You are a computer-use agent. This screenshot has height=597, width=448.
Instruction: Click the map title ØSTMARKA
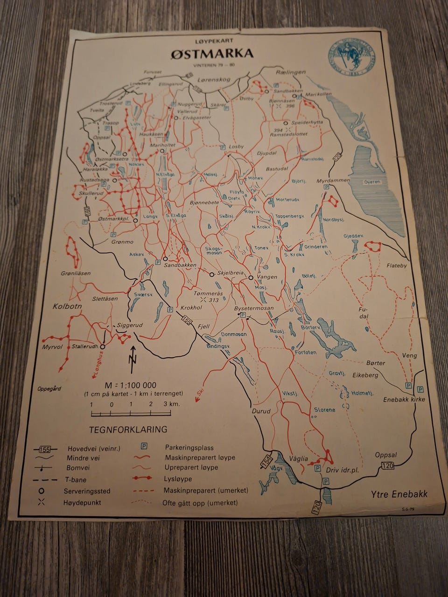212,53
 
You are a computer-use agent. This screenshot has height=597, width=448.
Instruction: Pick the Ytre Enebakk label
399,495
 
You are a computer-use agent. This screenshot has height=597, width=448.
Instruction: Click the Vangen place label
267,277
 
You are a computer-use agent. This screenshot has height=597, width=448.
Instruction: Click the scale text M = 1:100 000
130,385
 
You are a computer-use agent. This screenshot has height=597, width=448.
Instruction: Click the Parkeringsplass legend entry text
189,448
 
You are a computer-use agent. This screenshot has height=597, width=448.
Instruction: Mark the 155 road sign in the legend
45,449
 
